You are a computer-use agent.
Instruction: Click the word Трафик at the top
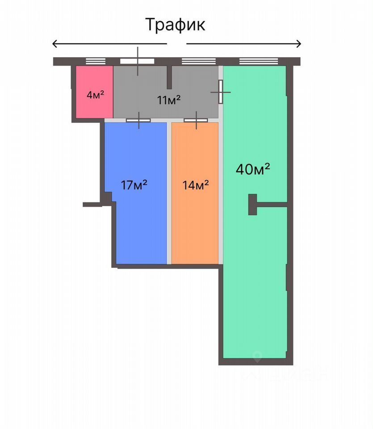click(x=176, y=24)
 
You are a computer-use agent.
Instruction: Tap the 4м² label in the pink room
click(x=95, y=95)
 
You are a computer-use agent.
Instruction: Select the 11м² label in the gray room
click(x=168, y=100)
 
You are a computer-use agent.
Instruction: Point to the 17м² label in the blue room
click(x=134, y=185)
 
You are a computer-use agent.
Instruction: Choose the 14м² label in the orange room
click(x=196, y=185)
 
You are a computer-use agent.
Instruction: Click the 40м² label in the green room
click(x=253, y=169)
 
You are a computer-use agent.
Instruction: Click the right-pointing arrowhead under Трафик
click(x=298, y=44)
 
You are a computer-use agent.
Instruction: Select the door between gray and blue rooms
click(x=138, y=120)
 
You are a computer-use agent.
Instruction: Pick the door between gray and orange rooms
click(x=196, y=120)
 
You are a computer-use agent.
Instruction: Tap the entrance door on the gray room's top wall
click(x=138, y=61)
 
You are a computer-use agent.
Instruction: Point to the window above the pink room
click(x=95, y=61)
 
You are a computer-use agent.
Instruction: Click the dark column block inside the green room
click(x=253, y=205)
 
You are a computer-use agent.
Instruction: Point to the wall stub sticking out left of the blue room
click(x=92, y=205)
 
